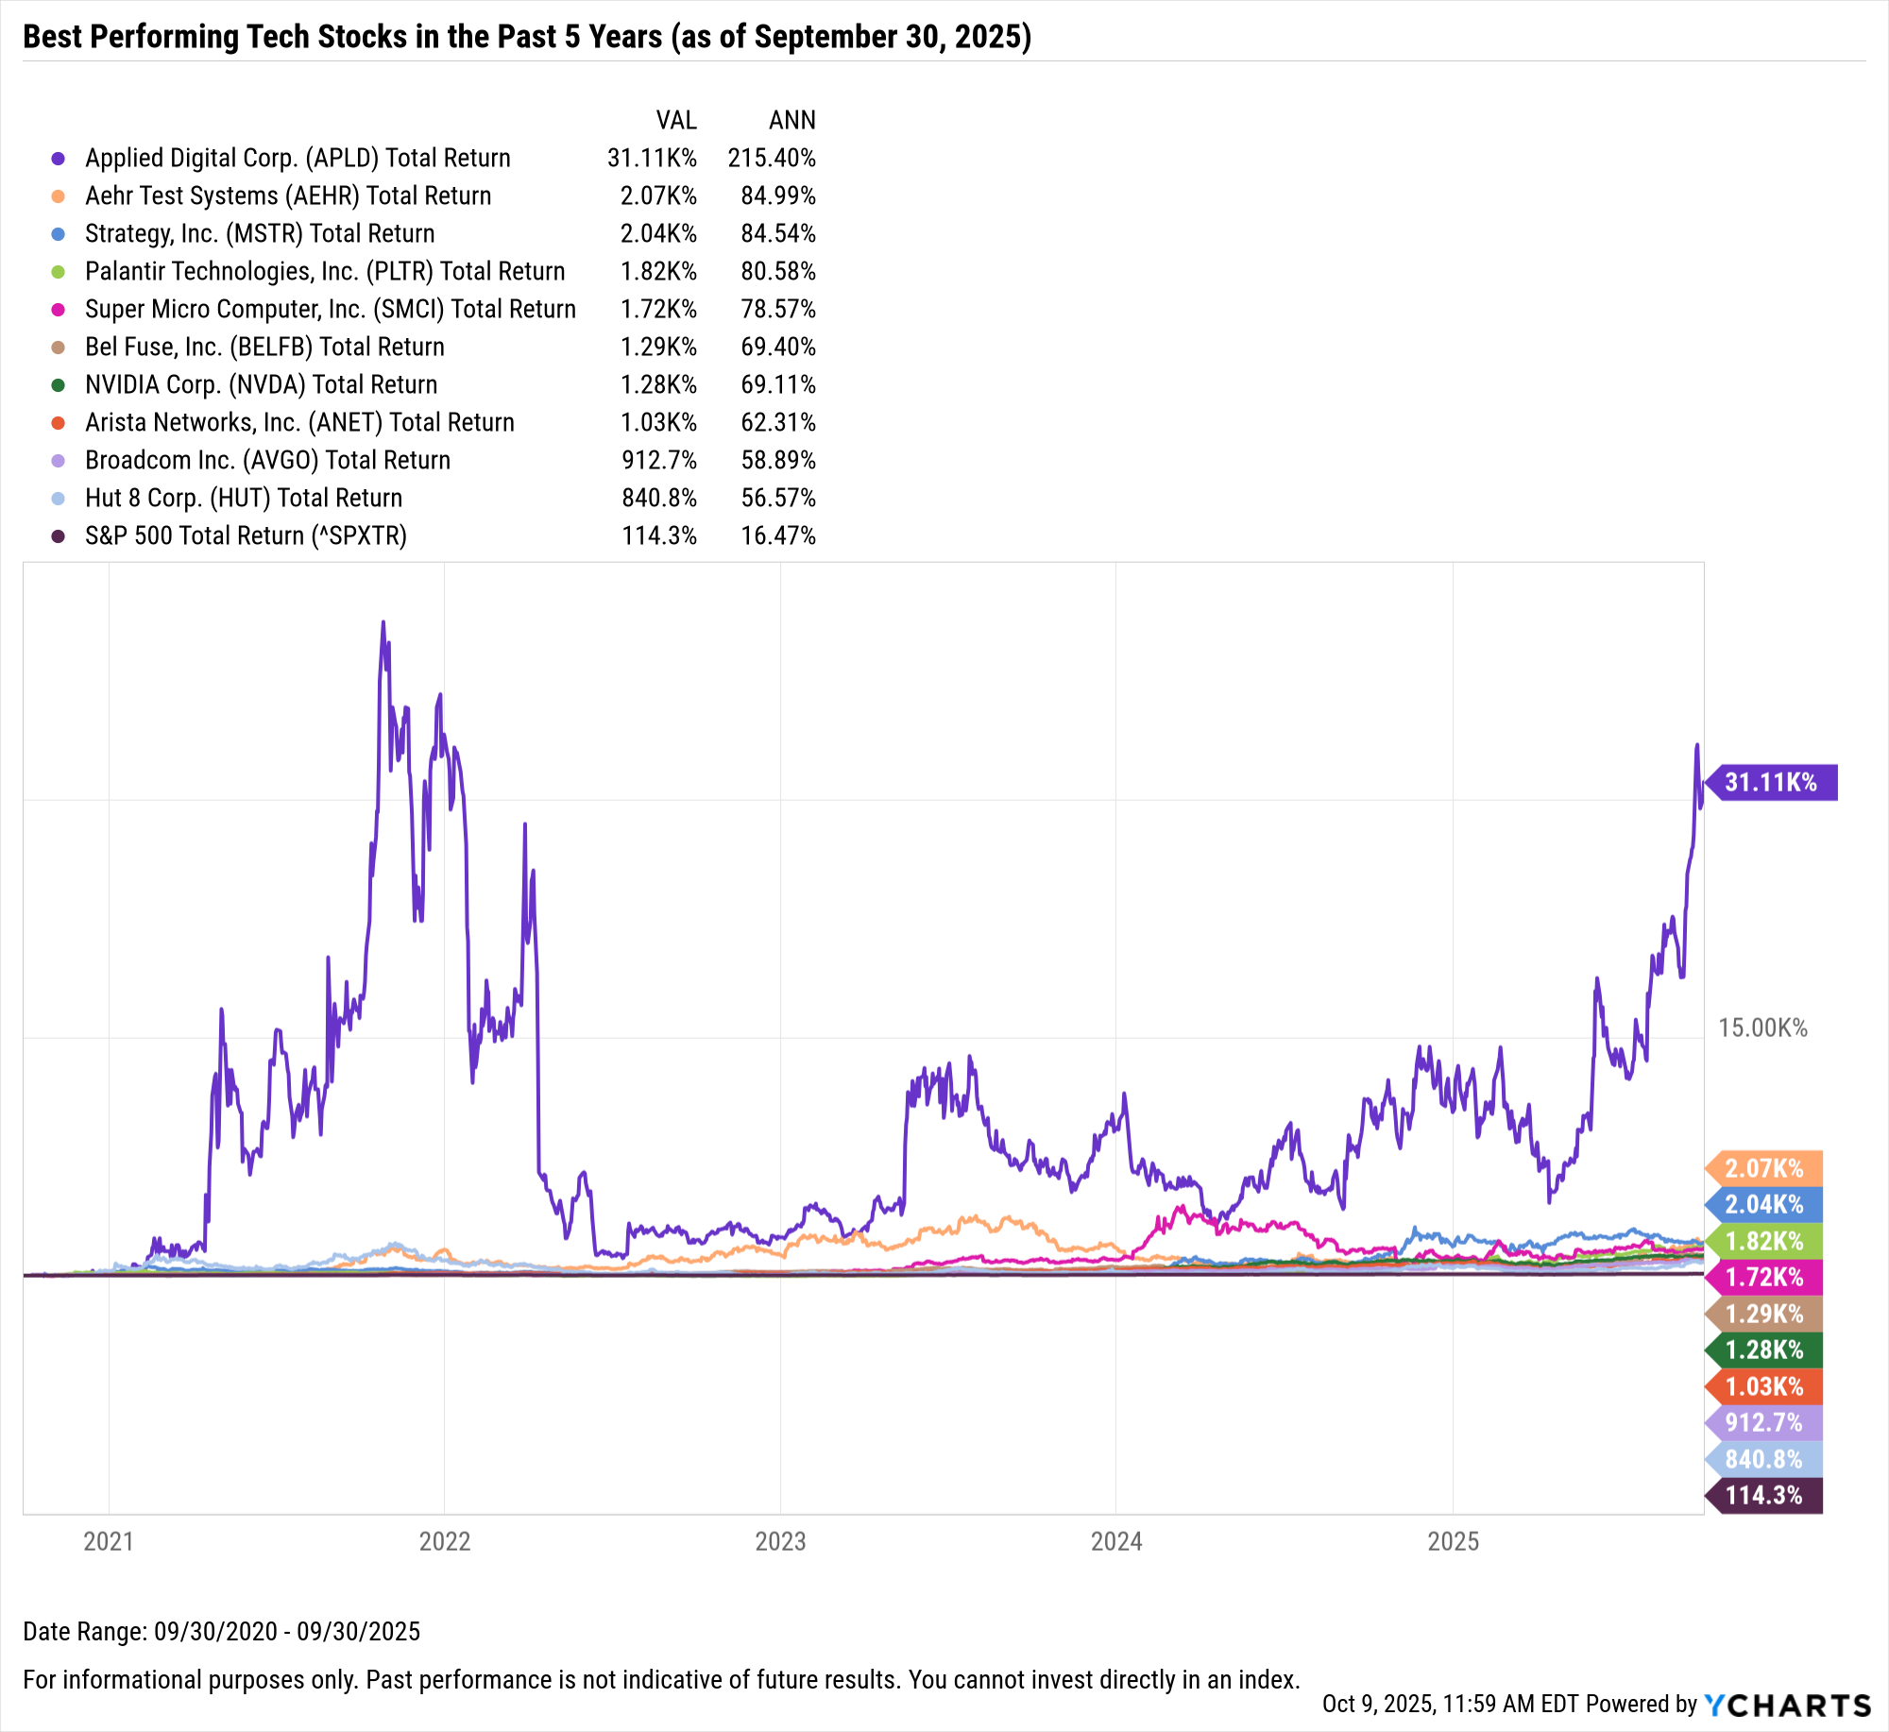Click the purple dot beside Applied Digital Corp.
coord(59,159)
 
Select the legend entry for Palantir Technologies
coord(325,272)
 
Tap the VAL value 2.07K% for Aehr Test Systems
coord(658,196)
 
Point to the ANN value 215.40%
coord(772,159)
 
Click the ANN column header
coord(791,121)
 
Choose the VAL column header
coord(676,121)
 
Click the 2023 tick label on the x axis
coord(780,1542)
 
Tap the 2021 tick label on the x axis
coord(109,1542)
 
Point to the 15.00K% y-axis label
coord(1762,1028)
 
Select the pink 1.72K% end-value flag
coord(1763,1278)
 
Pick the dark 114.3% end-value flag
coord(1763,1496)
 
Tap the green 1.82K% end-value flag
coord(1763,1241)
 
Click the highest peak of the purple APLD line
coord(383,622)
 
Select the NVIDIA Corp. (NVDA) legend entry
coord(261,385)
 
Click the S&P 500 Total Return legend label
coord(246,536)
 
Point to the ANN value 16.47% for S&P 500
coord(778,536)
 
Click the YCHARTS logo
coord(1787,1706)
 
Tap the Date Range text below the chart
coord(221,1632)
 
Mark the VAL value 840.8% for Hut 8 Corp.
coord(659,499)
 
